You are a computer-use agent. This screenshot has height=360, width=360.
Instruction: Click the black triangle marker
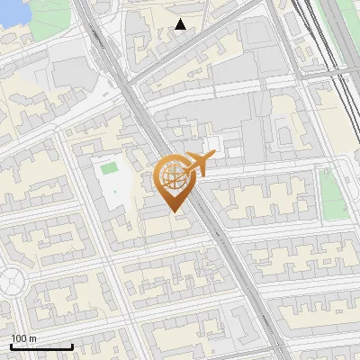[181, 24]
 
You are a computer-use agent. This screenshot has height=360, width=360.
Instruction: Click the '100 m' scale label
[23, 338]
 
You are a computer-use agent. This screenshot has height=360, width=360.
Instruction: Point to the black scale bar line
[41, 346]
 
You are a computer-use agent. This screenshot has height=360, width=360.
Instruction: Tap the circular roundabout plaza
[11, 283]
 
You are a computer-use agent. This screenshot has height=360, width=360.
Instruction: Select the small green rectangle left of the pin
[110, 167]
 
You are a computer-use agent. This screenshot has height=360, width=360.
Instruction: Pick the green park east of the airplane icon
[334, 193]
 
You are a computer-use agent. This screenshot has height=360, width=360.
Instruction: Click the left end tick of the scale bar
[11, 346]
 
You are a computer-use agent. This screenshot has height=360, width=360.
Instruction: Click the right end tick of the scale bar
[72, 346]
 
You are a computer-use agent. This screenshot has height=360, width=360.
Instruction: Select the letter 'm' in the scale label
[32, 338]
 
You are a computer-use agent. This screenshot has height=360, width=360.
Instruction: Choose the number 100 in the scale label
[19, 338]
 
